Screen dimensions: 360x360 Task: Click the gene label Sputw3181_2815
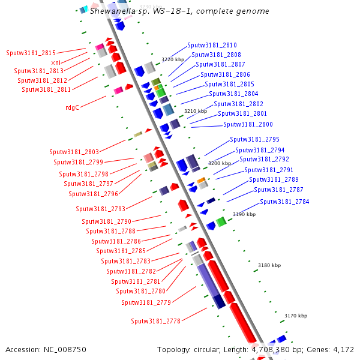click(x=31, y=53)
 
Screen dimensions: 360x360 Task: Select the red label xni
click(x=55, y=62)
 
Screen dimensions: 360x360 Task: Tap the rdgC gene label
click(x=72, y=107)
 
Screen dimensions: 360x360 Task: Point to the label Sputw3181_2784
click(x=284, y=202)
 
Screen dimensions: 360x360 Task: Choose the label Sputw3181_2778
click(x=155, y=321)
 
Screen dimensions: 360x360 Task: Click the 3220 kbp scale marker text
click(x=173, y=59)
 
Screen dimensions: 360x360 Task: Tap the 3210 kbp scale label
click(x=195, y=111)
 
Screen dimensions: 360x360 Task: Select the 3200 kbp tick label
click(x=219, y=163)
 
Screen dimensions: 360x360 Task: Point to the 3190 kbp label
click(x=244, y=214)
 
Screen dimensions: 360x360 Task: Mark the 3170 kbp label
click(x=295, y=316)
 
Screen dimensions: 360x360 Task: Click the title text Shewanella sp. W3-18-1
click(x=129, y=11)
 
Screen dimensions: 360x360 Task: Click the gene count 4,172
click(x=343, y=349)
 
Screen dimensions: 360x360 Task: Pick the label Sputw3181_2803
click(x=74, y=152)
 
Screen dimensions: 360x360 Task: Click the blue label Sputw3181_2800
click(x=248, y=124)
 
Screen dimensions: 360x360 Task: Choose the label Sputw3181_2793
click(x=100, y=209)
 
